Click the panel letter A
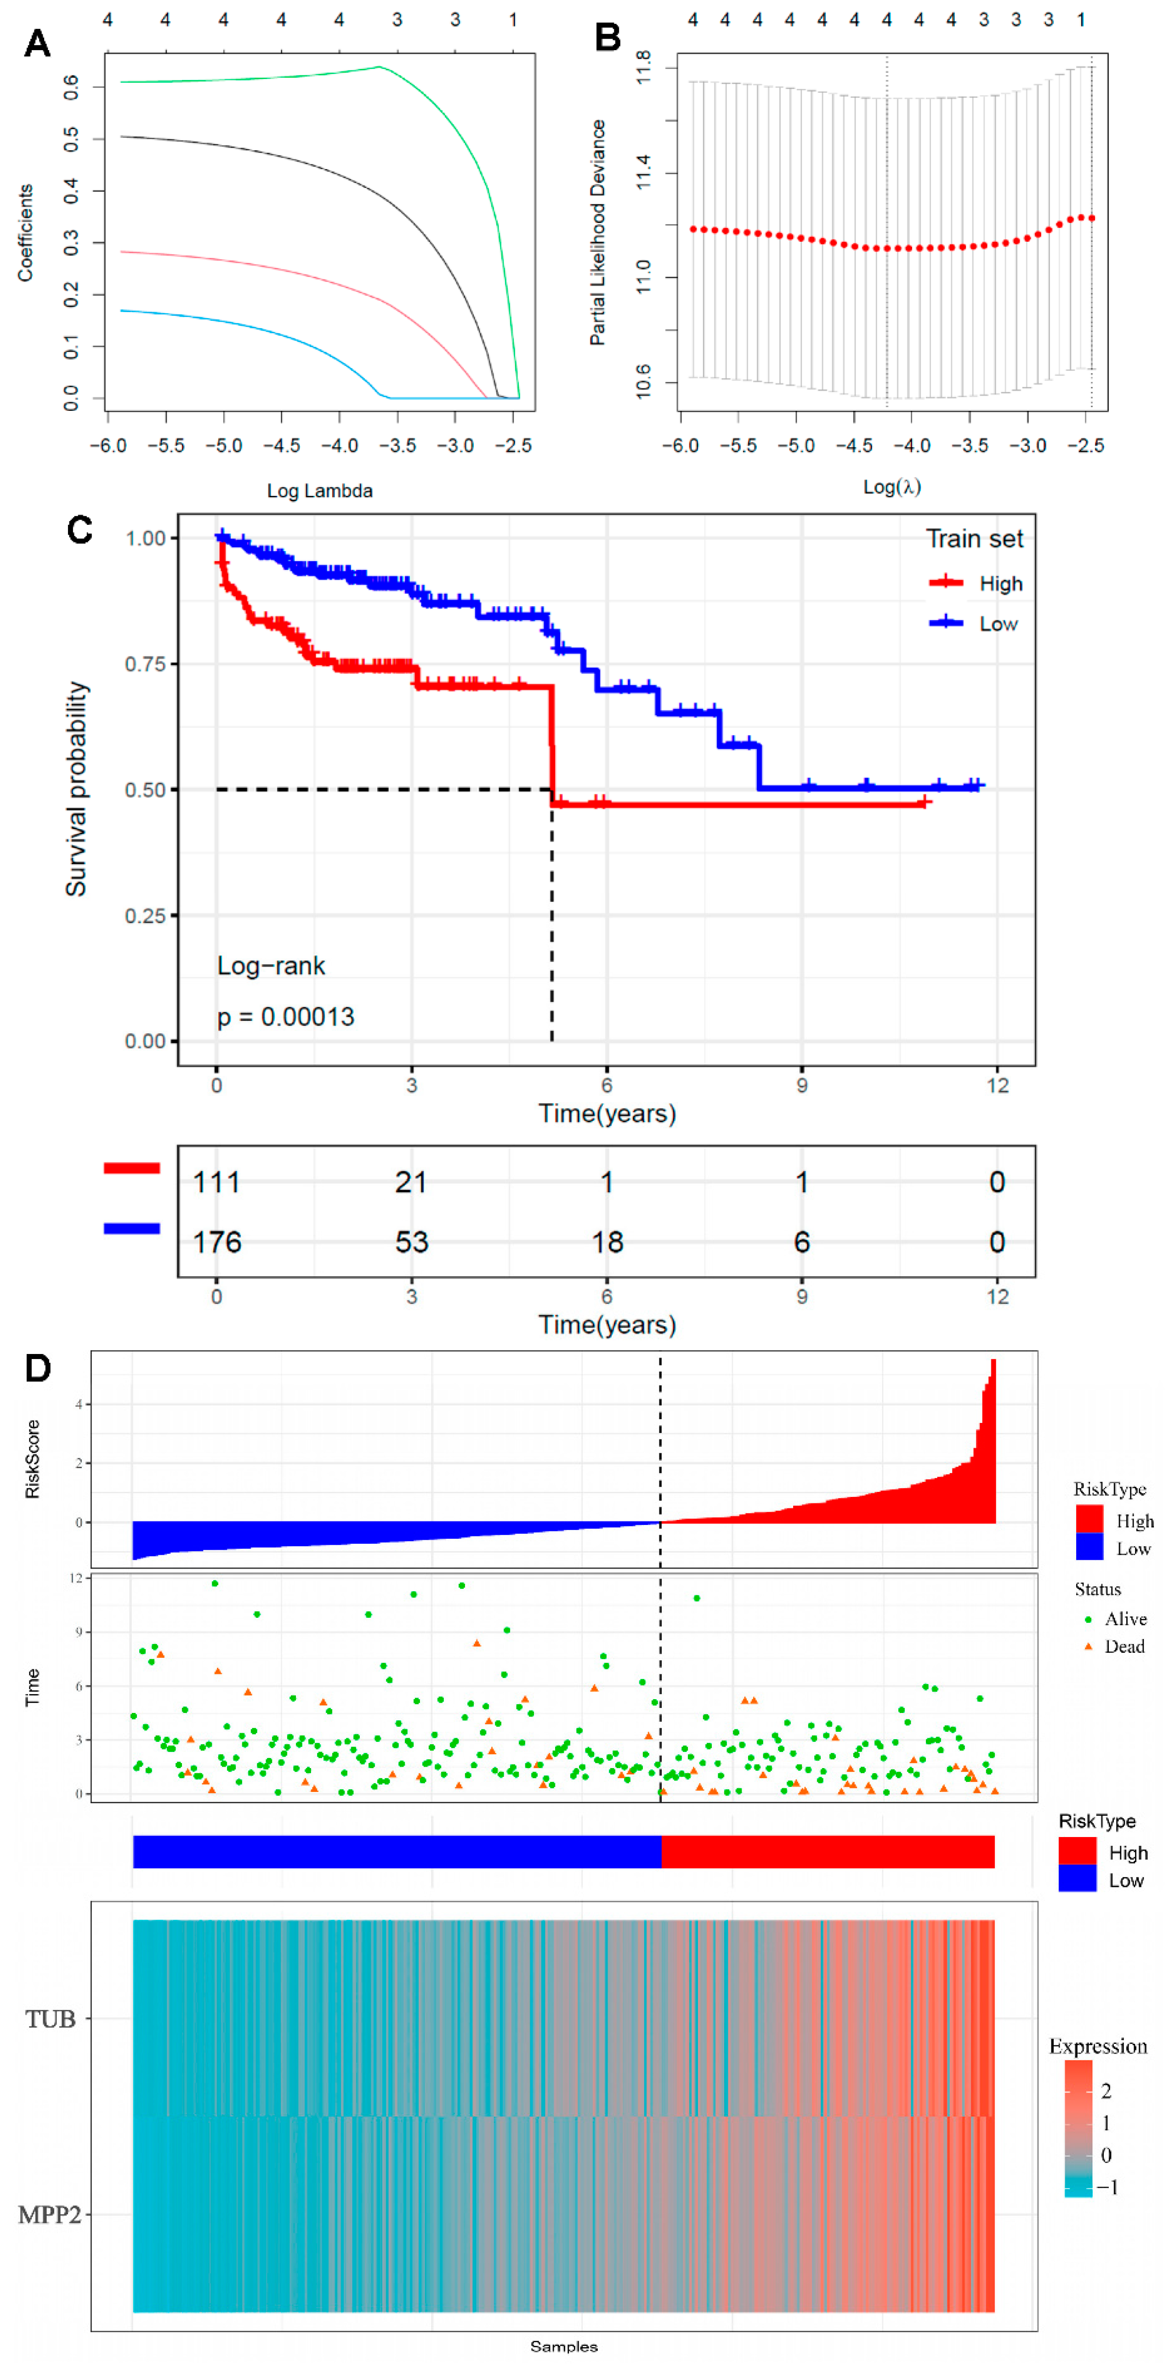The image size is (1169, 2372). coord(37,43)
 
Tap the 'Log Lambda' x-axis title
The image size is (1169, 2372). coord(319,491)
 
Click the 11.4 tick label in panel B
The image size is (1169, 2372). coord(643,172)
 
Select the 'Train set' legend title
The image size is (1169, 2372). coord(974,539)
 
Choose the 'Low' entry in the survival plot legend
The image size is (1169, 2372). coord(998,624)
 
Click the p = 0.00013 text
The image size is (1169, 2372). coord(285,1017)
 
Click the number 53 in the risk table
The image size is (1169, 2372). coord(411,1242)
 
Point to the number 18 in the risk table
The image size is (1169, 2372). coord(607,1242)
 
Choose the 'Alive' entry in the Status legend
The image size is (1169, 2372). coord(1125,1619)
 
